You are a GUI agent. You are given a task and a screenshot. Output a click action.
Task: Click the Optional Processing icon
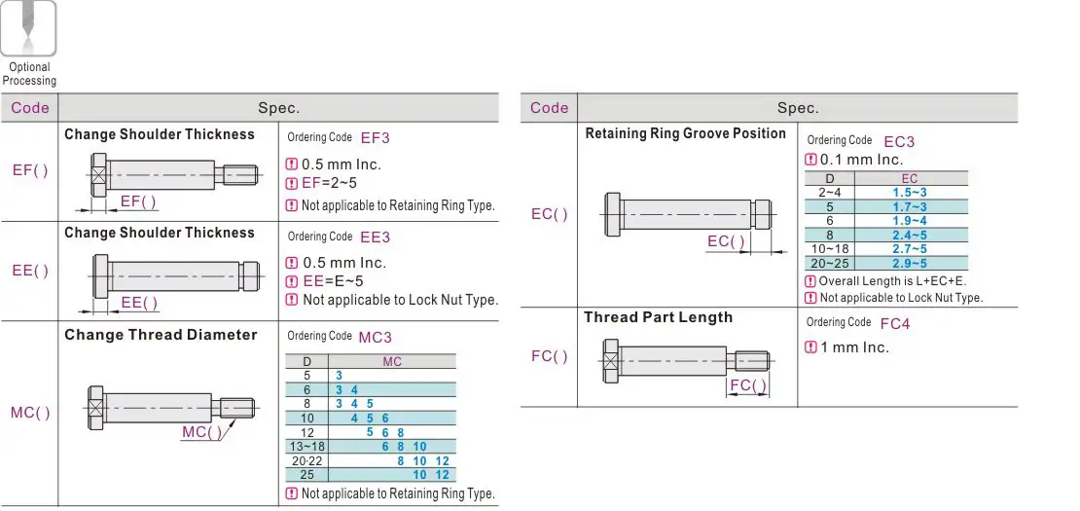click(28, 27)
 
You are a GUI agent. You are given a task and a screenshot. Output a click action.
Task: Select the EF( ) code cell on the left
click(30, 170)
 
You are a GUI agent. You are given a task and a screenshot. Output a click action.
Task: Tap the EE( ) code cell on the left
click(30, 271)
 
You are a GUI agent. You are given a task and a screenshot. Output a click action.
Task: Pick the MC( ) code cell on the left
click(30, 413)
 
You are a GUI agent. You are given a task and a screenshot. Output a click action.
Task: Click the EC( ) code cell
click(550, 214)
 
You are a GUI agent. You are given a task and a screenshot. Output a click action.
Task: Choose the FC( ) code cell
click(550, 356)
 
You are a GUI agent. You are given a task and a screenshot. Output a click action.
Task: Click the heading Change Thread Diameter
click(161, 335)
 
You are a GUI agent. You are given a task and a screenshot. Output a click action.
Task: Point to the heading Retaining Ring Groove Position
click(685, 133)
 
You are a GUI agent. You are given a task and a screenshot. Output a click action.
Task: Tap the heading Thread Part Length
click(658, 317)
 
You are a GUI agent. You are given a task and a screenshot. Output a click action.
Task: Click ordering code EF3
click(375, 138)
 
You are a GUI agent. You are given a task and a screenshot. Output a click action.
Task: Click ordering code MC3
click(375, 337)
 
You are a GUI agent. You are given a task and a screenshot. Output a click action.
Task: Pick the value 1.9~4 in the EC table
click(909, 220)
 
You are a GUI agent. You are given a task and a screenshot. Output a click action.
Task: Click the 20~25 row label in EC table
click(830, 263)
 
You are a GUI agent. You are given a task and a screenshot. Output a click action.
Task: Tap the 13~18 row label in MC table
click(307, 446)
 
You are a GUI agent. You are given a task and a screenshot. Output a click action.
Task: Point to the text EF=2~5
click(329, 183)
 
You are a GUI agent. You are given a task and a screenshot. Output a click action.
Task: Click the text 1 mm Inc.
click(853, 347)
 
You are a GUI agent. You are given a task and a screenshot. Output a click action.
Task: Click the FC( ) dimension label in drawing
click(748, 384)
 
